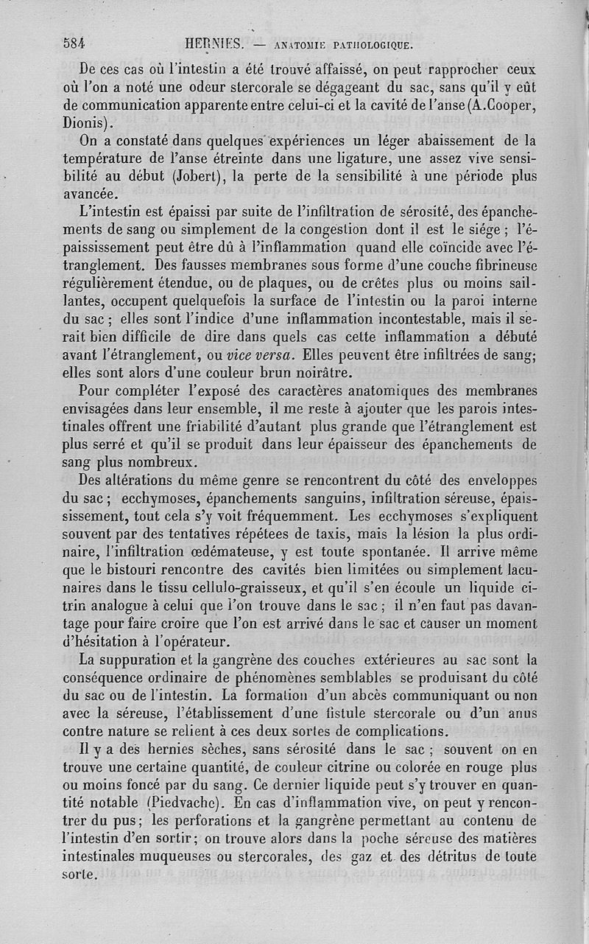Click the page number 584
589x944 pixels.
[x=74, y=43]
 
